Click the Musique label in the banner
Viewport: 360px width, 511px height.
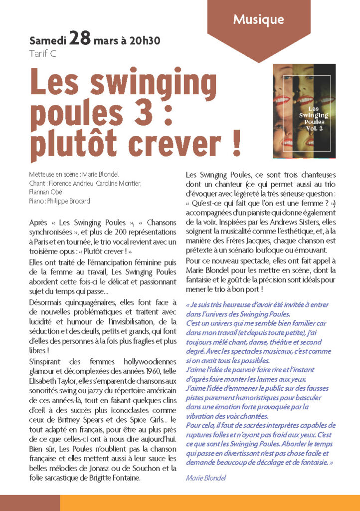click(x=258, y=20)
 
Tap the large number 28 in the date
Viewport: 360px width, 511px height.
click(x=80, y=39)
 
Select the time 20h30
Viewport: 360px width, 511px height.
click(x=144, y=40)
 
